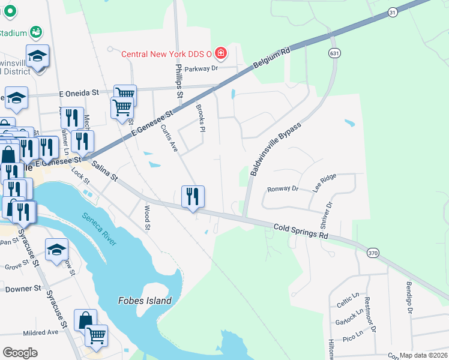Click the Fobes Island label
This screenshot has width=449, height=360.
coord(145,301)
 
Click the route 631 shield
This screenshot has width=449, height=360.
coord(334,53)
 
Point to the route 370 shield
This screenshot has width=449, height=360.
coord(372,254)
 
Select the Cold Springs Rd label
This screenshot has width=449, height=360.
coord(301,232)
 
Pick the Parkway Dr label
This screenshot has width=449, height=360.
coord(201,68)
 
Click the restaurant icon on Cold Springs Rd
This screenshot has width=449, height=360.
coord(193,196)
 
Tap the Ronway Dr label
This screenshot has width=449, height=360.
coord(283,188)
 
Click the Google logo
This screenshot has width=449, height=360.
coord(20,353)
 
